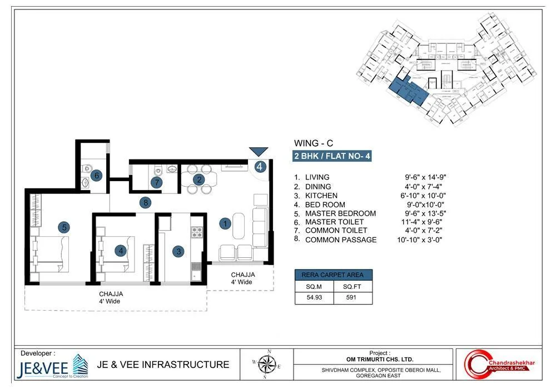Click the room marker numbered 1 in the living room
tap(225, 224)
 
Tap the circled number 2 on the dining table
tap(198, 179)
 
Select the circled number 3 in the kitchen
tap(178, 252)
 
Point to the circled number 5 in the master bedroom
tap(64, 227)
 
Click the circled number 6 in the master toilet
tap(96, 176)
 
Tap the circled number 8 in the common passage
tap(146, 203)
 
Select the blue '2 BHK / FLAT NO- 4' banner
tap(332, 156)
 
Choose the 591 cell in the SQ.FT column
tap(353, 298)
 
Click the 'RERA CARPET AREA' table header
tap(333, 275)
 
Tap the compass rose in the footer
tap(267, 365)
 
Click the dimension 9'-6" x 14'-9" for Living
tap(426, 177)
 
